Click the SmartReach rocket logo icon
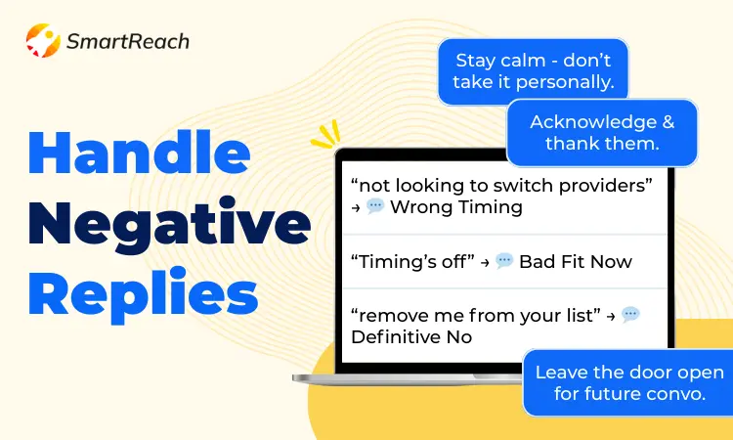(x=43, y=41)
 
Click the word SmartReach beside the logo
(x=128, y=42)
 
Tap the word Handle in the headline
(x=140, y=153)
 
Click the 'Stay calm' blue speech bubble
(x=533, y=71)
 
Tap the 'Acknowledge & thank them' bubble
(x=602, y=133)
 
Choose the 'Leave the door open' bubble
(x=628, y=382)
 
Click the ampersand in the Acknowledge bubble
(x=668, y=122)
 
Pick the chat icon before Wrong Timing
(x=375, y=205)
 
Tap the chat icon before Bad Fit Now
(x=504, y=260)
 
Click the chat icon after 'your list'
(x=630, y=314)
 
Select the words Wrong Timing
(x=456, y=206)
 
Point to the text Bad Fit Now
(x=576, y=261)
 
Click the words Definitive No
(x=411, y=336)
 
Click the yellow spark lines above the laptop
(x=325, y=135)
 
